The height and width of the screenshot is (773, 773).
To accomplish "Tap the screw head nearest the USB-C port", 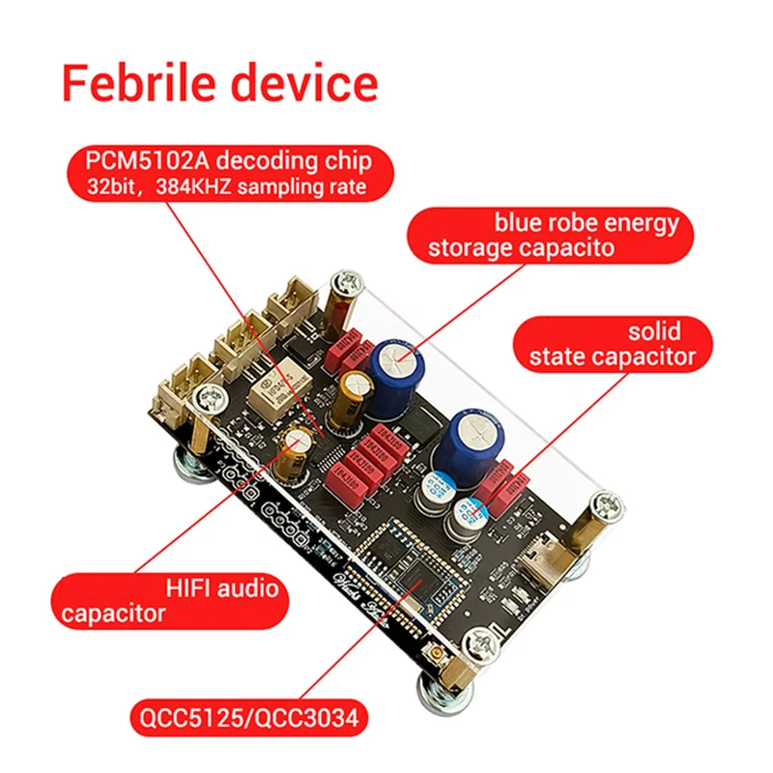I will coord(606,505).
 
